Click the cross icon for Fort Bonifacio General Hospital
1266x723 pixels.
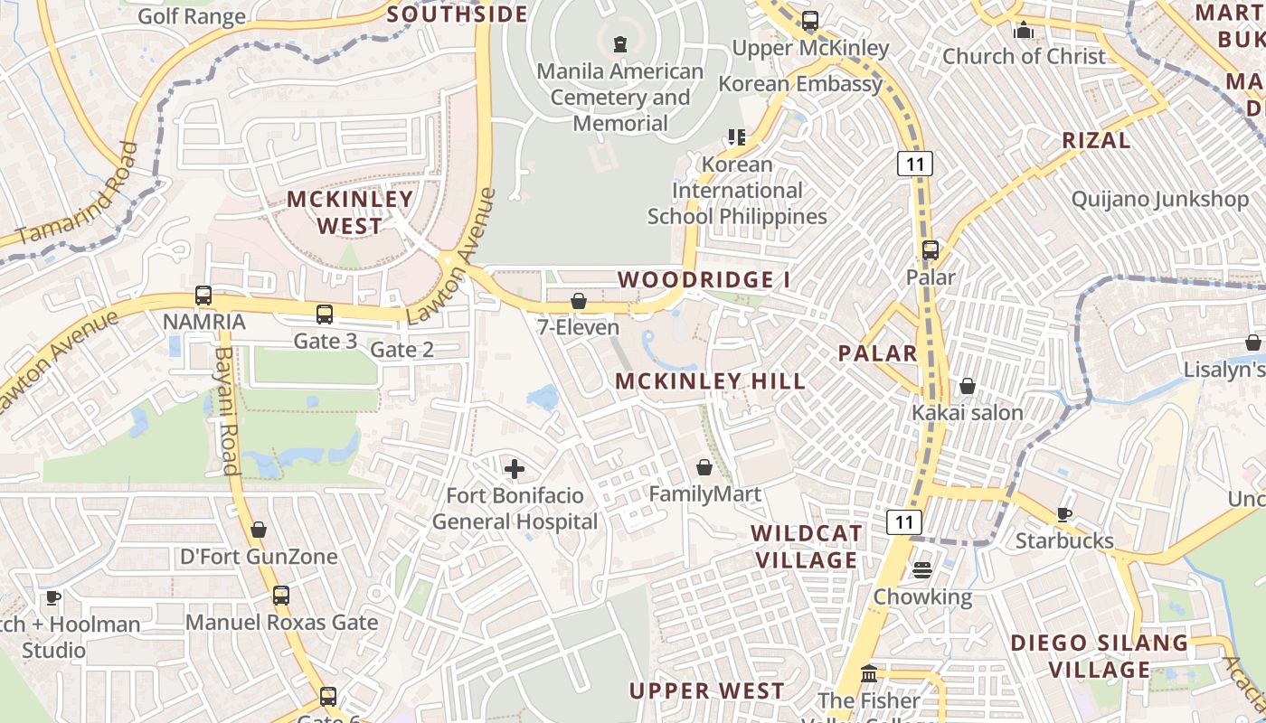coord(515,468)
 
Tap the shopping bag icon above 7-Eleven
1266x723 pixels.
coord(578,300)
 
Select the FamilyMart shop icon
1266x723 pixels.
coord(704,467)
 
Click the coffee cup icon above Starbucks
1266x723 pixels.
coord(1064,514)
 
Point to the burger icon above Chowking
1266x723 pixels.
coord(921,570)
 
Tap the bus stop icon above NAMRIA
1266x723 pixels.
coord(203,295)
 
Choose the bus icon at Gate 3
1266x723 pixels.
coord(325,315)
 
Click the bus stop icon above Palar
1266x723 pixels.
coord(931,250)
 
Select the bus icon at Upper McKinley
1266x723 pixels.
coord(810,20)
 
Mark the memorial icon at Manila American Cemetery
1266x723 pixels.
coord(620,43)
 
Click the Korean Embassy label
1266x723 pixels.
coord(800,84)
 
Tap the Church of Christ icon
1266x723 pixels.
coord(1024,31)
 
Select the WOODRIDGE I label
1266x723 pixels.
coord(704,280)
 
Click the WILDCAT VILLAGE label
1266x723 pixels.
coord(806,547)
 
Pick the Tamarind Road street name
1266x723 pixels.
coord(80,194)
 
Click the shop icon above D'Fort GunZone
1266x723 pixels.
coord(259,530)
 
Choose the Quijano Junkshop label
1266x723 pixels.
coord(1159,199)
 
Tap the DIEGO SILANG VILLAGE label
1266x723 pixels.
coord(1099,656)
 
